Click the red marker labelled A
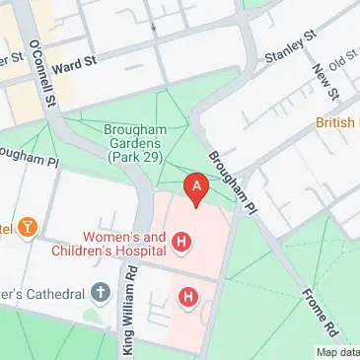(x=197, y=187)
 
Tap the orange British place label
(x=337, y=122)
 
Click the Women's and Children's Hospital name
(x=122, y=243)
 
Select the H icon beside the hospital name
(x=181, y=240)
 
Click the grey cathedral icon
(x=100, y=292)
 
